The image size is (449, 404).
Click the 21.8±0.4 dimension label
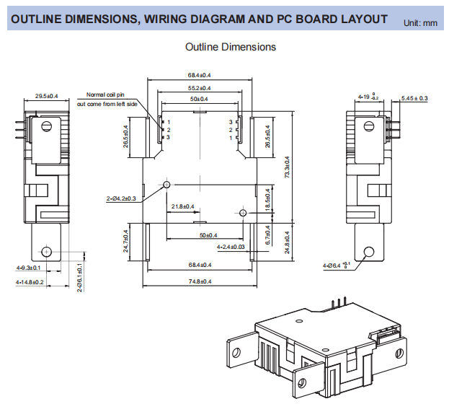click(182, 207)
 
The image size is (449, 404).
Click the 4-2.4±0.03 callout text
click(231, 247)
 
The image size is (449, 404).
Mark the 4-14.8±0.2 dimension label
click(30, 282)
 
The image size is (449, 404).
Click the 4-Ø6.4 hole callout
click(337, 266)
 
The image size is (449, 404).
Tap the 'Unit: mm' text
click(420, 23)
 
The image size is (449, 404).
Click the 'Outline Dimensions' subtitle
click(231, 47)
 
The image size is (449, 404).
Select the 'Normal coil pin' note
click(106, 95)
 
